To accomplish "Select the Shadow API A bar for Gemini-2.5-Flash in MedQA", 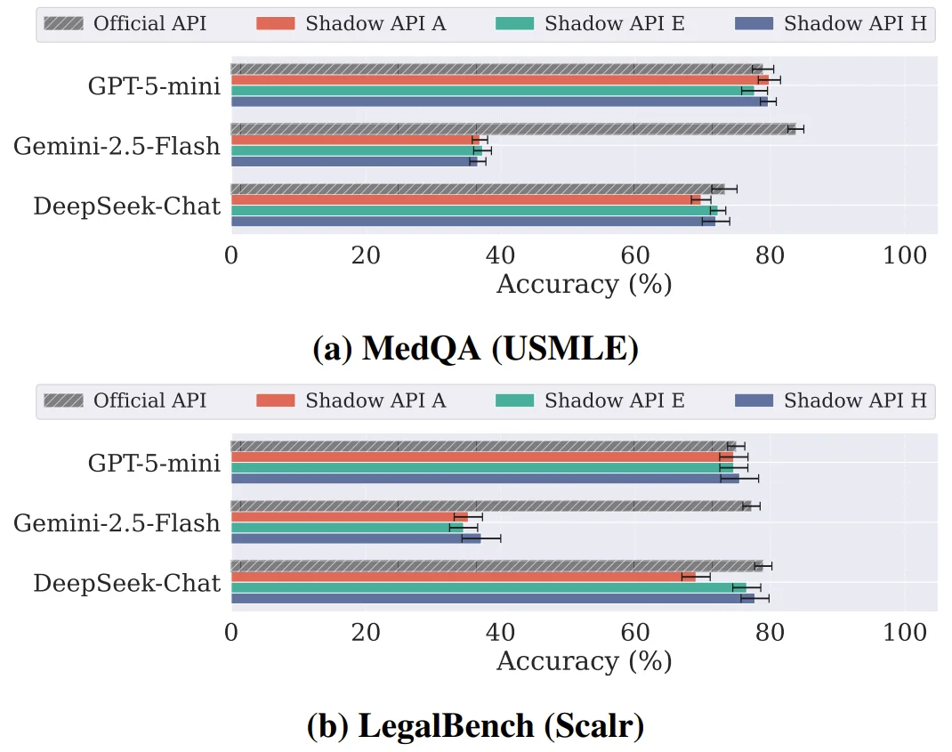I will [x=355, y=140].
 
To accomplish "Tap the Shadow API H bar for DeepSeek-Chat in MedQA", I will [x=472, y=221].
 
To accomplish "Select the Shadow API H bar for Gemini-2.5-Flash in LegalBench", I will [x=356, y=538].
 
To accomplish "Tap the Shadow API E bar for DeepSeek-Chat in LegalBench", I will [x=488, y=587].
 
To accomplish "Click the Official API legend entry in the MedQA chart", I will [x=125, y=24].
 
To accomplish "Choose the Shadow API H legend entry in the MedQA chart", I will [x=832, y=24].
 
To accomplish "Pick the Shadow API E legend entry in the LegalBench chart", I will [x=591, y=401].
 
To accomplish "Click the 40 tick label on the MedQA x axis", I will [x=501, y=255].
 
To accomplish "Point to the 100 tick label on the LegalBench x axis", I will [x=906, y=633].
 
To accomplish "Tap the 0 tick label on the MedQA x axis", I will [x=231, y=255].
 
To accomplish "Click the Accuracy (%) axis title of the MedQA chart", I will [x=584, y=284].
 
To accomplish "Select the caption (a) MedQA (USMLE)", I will [x=476, y=348].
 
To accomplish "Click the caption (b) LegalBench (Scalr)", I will [x=476, y=726].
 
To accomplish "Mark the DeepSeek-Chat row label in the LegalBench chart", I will [x=126, y=583].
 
